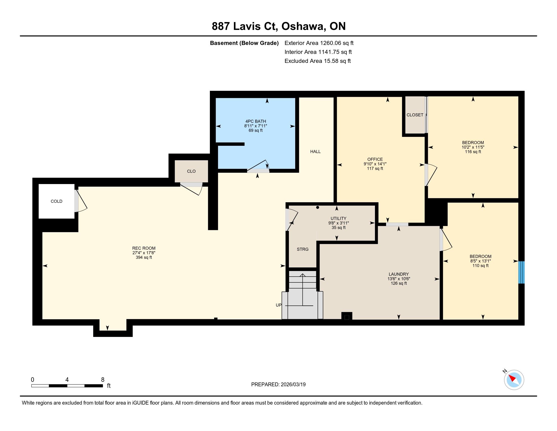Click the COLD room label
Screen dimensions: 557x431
pyautogui.click(x=56, y=201)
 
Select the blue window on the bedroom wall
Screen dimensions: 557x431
pyautogui.click(x=521, y=272)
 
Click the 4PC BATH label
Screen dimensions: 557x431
pyautogui.click(x=255, y=121)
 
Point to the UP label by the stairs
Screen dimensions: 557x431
pyautogui.click(x=278, y=305)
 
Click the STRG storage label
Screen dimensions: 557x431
pyautogui.click(x=303, y=249)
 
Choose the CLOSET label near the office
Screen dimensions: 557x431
pyautogui.click(x=415, y=115)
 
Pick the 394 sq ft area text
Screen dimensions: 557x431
pyautogui.click(x=144, y=257)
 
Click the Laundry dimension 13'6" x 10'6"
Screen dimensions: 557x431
pyautogui.click(x=399, y=279)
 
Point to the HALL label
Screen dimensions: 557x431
pyautogui.click(x=315, y=151)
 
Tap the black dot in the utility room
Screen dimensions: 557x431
pyautogui.click(x=317, y=207)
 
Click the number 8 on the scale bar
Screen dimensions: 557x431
pyautogui.click(x=103, y=380)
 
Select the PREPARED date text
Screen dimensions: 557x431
pyautogui.click(x=278, y=385)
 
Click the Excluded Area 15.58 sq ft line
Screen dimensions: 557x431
pyautogui.click(x=317, y=61)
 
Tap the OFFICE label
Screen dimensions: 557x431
pyautogui.click(x=375, y=159)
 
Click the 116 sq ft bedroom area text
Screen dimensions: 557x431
pyautogui.click(x=473, y=152)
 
